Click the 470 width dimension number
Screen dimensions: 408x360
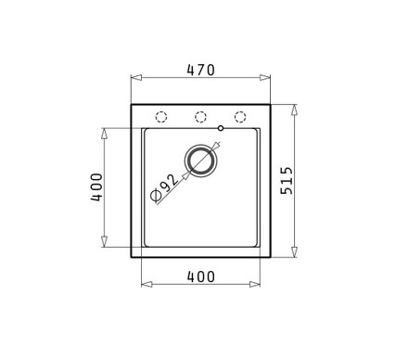coord(200,71)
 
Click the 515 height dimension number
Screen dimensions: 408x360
coord(287,181)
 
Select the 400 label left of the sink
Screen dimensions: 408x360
coord(96,187)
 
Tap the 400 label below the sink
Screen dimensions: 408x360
coord(200,276)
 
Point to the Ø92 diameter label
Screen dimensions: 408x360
coord(165,188)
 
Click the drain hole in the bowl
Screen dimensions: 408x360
coord(200,161)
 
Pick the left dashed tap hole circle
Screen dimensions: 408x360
coord(161,117)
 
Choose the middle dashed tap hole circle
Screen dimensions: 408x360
coord(200,117)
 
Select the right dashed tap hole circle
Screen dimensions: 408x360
coord(240,117)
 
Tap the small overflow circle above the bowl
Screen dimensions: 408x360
coord(221,128)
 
